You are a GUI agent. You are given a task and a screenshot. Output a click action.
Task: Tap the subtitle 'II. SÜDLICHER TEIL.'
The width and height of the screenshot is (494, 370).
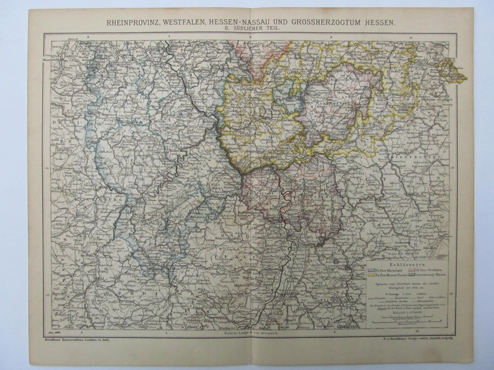coord(251,29)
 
